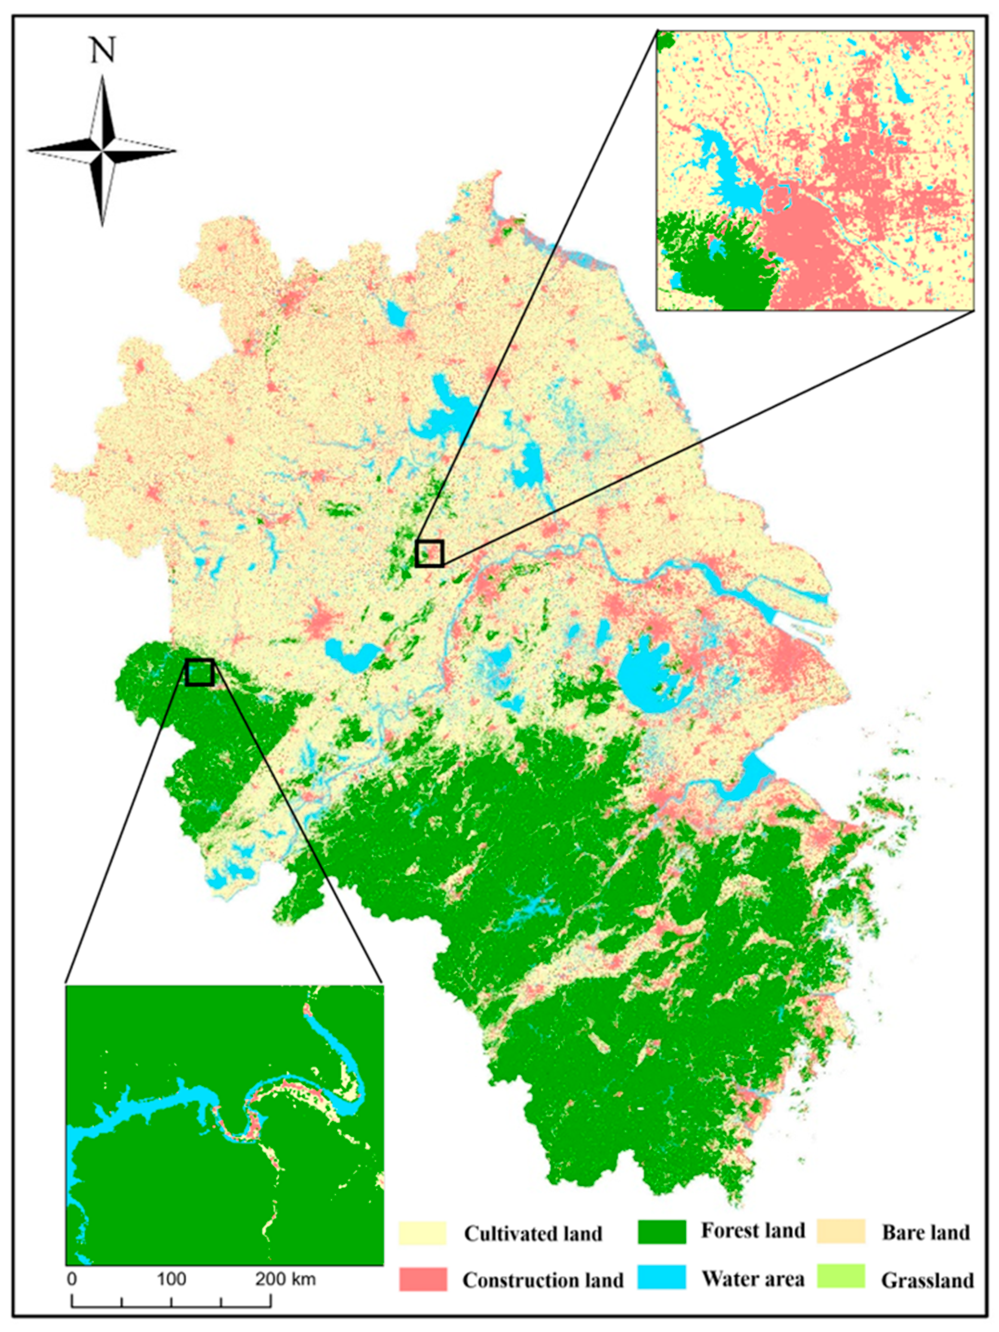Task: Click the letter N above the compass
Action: tap(102, 52)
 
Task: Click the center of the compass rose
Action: tap(103, 150)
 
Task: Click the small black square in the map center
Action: tap(429, 553)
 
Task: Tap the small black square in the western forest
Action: tap(199, 672)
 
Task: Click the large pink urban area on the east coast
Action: tap(795, 662)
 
